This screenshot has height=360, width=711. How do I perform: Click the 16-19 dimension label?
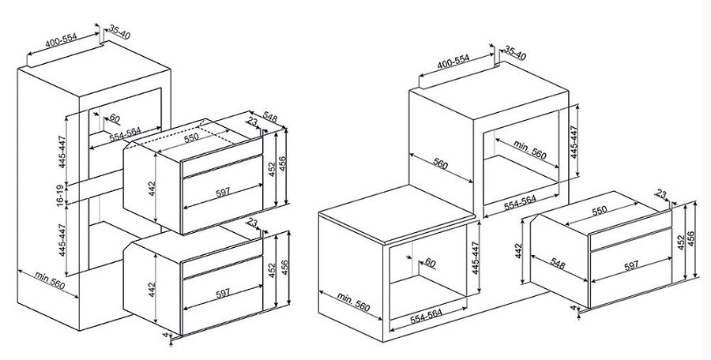[x=61, y=197]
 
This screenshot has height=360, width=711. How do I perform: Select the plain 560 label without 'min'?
[x=441, y=163]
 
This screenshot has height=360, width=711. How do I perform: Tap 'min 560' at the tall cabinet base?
[x=50, y=280]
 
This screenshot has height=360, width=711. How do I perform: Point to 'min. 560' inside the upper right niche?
[x=530, y=150]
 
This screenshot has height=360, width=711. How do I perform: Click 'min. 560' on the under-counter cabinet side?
[x=354, y=302]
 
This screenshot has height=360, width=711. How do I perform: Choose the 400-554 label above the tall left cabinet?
[x=61, y=41]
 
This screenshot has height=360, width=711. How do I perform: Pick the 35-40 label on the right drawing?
[x=515, y=53]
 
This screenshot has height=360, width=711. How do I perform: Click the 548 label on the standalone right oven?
[x=557, y=264]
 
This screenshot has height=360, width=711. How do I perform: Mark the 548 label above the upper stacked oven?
[x=270, y=118]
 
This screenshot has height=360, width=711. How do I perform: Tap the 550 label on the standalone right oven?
[x=599, y=211]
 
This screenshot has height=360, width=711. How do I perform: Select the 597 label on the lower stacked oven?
[x=223, y=294]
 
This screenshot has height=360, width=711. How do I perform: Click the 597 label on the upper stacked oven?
[x=223, y=192]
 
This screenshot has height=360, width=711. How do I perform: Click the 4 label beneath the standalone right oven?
[x=573, y=308]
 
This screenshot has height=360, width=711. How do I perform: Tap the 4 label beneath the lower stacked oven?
[x=166, y=335]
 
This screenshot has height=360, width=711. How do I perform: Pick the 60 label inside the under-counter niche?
[x=430, y=263]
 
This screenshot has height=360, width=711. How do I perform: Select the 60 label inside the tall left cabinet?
[x=115, y=118]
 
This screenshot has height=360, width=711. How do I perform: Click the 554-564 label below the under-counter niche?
[x=426, y=316]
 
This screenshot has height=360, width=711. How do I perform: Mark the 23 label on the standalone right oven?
[x=661, y=195]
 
